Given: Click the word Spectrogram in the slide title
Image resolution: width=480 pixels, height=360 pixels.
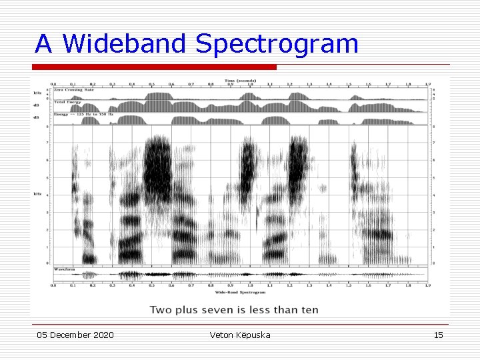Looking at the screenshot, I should (277, 44).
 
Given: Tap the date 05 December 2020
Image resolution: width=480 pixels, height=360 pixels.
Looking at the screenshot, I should (75, 335).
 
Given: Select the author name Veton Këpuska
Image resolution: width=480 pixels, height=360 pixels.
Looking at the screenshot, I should (240, 335).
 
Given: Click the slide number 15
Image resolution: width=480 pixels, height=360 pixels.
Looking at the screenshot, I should (438, 335).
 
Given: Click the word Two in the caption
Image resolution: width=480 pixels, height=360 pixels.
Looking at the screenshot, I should (161, 309).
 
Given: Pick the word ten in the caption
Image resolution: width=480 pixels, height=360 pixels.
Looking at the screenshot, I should (310, 309).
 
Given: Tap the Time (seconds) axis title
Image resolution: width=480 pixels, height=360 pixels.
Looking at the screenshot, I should (240, 79).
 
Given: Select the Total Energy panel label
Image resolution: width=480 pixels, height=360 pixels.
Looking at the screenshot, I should (68, 102).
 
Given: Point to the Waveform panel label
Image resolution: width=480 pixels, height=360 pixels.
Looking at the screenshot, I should (64, 269).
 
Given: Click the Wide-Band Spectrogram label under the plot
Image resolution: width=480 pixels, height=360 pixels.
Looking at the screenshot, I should (240, 292).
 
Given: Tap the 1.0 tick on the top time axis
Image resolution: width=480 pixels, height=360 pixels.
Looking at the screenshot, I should (250, 85).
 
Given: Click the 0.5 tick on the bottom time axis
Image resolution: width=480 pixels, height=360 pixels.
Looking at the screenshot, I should (151, 286).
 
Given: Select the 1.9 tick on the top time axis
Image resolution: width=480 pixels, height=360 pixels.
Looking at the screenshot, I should (427, 85).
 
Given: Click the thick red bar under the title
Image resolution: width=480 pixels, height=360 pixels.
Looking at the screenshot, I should (154, 67).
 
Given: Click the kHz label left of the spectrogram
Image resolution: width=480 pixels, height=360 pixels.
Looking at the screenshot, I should (38, 194).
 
